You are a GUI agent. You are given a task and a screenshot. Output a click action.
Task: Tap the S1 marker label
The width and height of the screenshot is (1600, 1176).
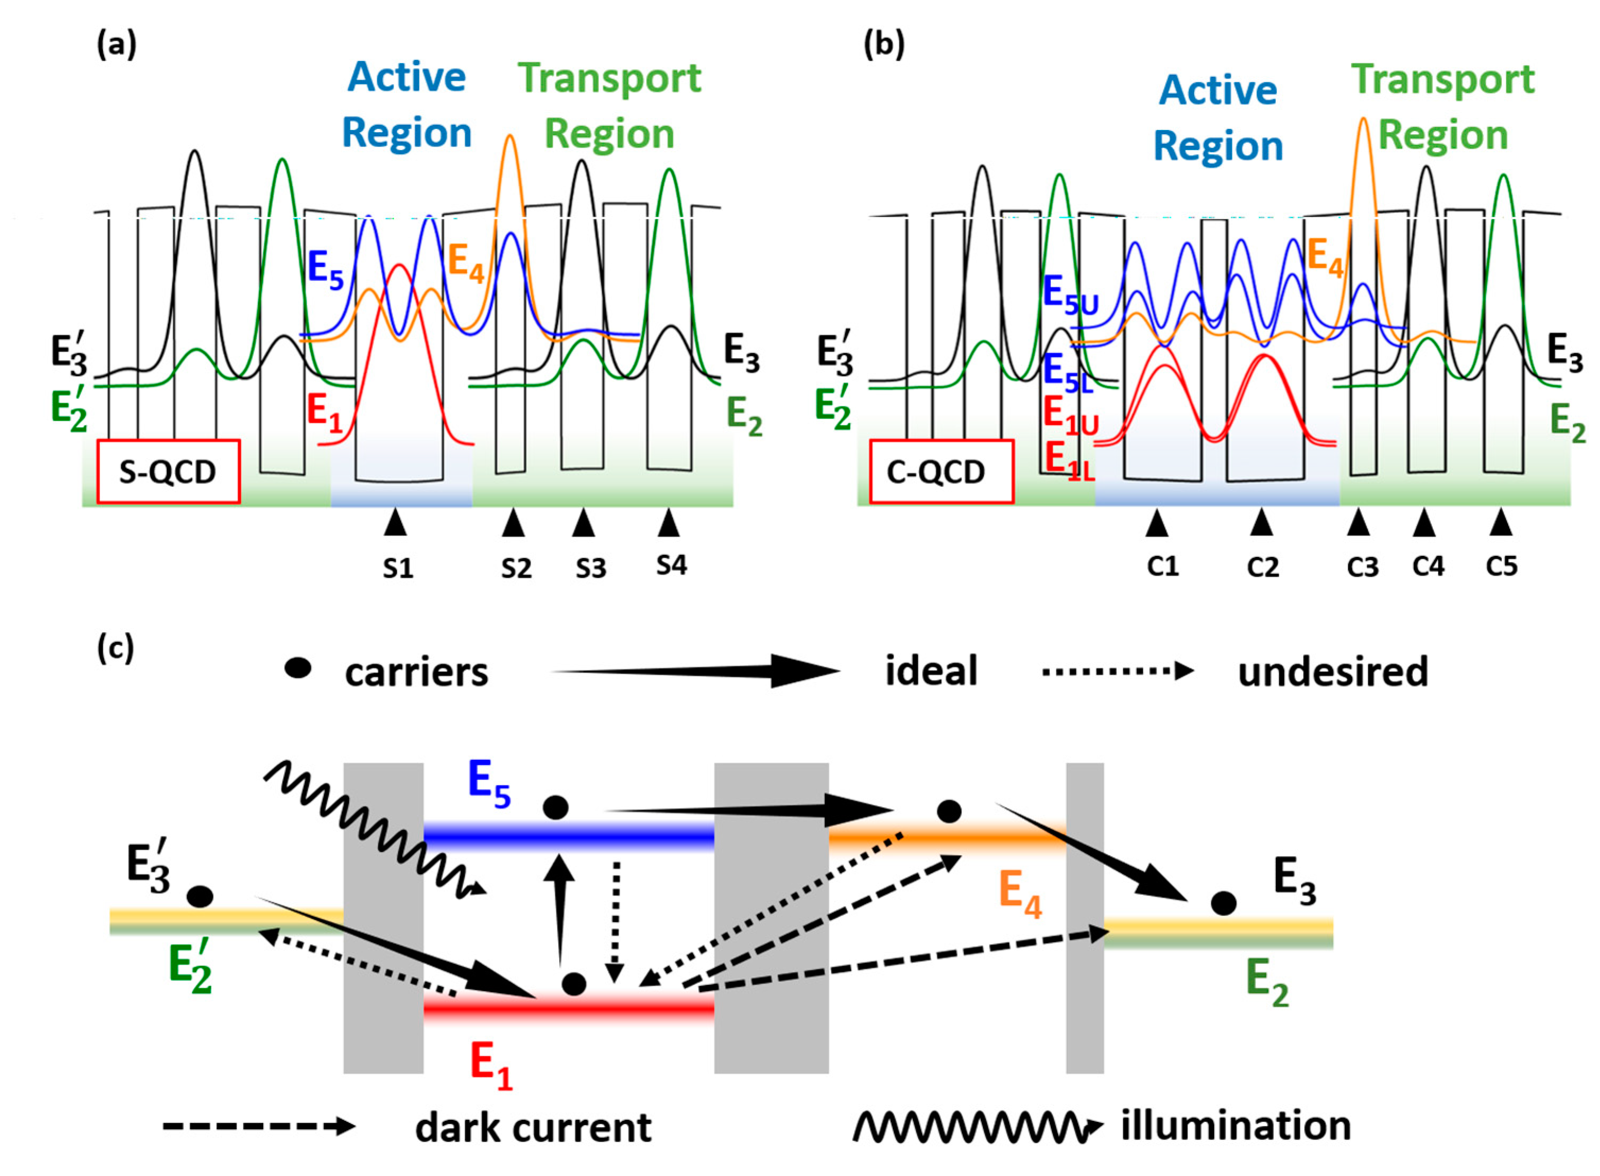coord(398,568)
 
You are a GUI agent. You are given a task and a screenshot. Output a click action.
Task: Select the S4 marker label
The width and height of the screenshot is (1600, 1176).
coord(671,565)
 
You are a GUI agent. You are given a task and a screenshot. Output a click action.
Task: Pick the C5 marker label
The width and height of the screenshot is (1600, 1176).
coord(1502,566)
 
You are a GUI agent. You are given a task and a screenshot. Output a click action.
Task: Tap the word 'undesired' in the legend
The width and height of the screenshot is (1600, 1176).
coord(1333,672)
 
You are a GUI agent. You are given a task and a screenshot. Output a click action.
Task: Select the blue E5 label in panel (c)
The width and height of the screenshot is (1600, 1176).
coord(490,784)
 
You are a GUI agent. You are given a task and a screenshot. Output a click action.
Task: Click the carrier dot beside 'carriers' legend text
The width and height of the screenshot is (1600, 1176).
coord(298,668)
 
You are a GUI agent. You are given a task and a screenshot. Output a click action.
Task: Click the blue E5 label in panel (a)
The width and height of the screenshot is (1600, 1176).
coord(325,271)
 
